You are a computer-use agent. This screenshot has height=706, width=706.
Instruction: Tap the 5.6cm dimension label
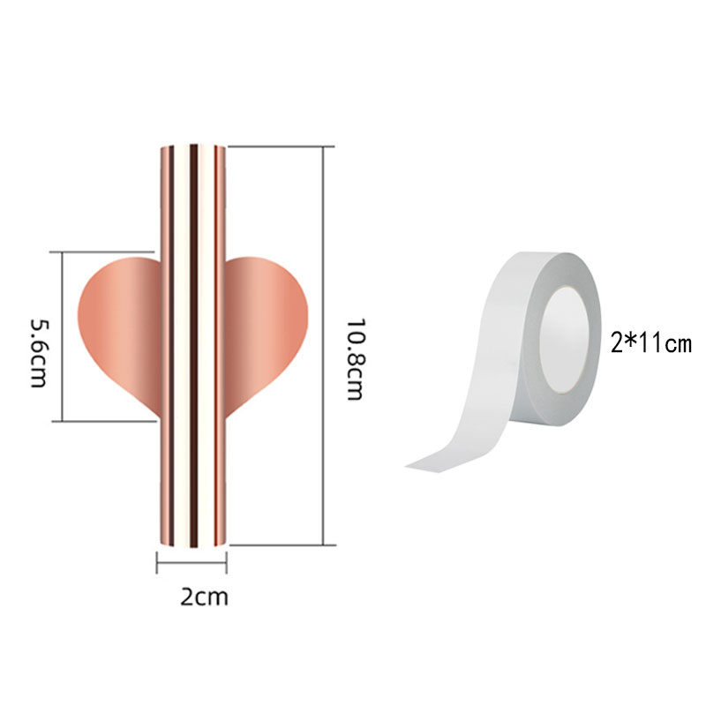[38, 354]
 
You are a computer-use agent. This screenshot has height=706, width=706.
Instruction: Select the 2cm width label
[205, 597]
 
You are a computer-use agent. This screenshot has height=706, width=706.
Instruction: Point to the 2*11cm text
[650, 343]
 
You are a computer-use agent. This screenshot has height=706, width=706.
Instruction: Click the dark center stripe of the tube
[193, 346]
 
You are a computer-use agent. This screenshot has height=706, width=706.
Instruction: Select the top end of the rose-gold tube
[193, 146]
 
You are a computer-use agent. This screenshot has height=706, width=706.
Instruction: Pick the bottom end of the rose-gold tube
[193, 545]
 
